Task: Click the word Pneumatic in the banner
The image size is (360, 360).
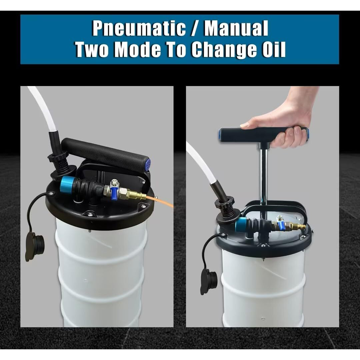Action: coord(139,28)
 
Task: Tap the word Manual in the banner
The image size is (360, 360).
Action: coord(236,28)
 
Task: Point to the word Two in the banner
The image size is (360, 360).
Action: coord(92,49)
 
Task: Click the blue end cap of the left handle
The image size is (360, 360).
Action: coord(148,164)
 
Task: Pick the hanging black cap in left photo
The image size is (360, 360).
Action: coord(34,246)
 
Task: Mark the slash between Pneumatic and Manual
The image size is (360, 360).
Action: coord(195,28)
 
